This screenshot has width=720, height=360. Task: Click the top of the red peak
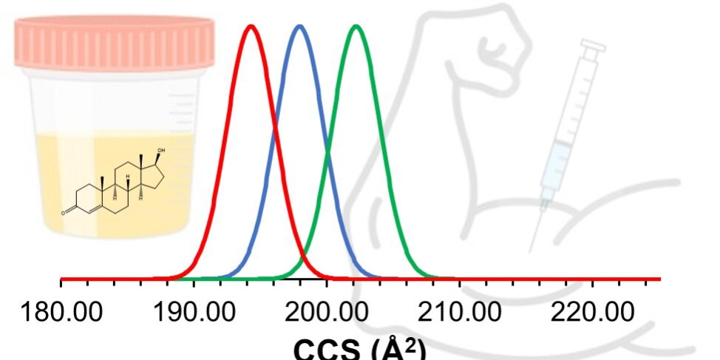pyautogui.click(x=252, y=27)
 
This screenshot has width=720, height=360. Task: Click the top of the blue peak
pyautogui.click(x=299, y=27)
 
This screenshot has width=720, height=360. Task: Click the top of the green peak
pyautogui.click(x=356, y=27)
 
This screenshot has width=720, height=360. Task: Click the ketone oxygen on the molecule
pyautogui.click(x=66, y=212)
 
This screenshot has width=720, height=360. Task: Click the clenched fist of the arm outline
pyautogui.click(x=503, y=44)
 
